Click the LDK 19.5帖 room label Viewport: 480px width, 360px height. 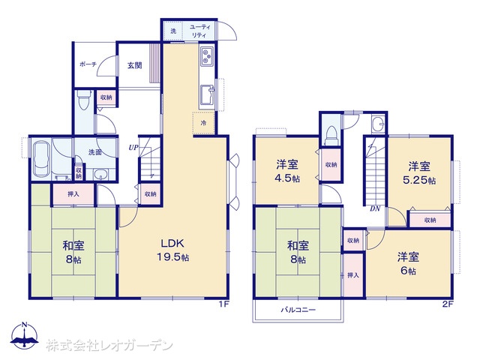coord(173,250)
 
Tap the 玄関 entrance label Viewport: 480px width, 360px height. coord(135,65)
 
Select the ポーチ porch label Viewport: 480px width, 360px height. coord(88,64)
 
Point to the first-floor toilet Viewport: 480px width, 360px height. coord(83,100)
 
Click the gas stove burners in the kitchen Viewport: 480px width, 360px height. coord(207,56)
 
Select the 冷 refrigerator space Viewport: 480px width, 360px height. coord(203,123)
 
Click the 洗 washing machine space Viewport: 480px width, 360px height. coord(172,31)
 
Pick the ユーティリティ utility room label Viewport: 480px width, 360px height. coord(200,31)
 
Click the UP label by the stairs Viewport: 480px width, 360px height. coord(133,148)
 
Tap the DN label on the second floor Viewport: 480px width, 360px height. coord(375,208)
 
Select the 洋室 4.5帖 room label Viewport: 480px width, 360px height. coord(287,172)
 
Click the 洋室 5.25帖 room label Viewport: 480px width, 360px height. coord(419,173)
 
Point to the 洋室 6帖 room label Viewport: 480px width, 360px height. coord(408,263)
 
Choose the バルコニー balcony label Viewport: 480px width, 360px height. coord(298,310)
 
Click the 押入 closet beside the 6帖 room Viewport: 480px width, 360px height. coord(353,275)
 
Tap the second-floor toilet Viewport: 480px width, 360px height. coord(331,135)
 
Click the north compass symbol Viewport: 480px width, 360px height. coord(25,335)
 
